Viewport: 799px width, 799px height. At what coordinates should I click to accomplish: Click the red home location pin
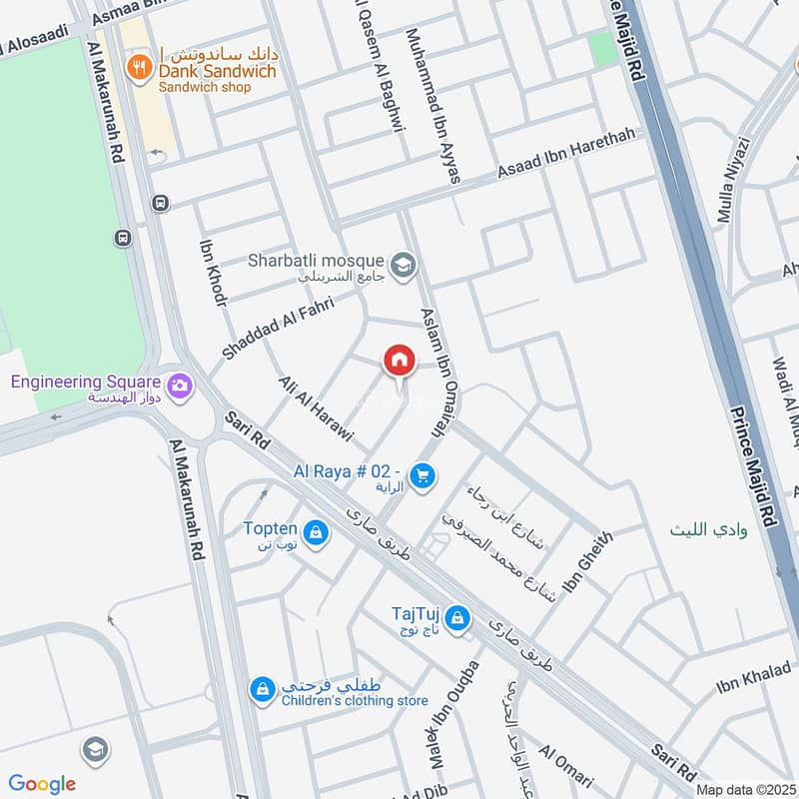point(399,362)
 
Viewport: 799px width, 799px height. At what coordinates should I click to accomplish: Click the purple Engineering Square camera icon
point(180,385)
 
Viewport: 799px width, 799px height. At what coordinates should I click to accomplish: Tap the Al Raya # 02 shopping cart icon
point(423,476)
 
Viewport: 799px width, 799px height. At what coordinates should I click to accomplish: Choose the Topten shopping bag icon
point(316,532)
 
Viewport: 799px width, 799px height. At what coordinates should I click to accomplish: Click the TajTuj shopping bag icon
point(457,618)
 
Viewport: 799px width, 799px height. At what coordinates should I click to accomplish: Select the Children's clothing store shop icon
point(262,689)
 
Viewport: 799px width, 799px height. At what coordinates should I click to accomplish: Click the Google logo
point(42,783)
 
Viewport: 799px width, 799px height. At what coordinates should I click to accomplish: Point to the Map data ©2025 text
point(744,789)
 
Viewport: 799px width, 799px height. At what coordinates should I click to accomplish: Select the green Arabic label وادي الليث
point(708,529)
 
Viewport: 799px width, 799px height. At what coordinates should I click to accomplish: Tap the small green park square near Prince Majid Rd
point(601,50)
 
